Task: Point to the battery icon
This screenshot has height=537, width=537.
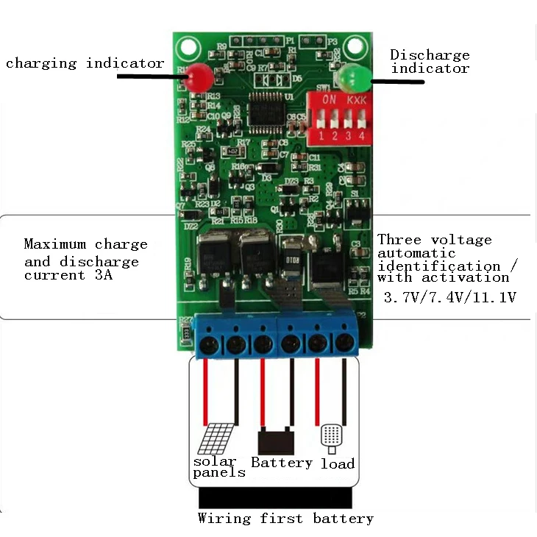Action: tap(276, 441)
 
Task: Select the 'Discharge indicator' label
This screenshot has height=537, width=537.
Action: tap(430, 62)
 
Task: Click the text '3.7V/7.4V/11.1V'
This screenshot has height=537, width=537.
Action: tap(450, 298)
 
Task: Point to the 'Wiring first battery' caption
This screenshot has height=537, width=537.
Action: tap(285, 519)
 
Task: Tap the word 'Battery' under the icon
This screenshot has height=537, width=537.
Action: tap(282, 463)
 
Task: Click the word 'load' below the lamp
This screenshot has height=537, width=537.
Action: tap(338, 463)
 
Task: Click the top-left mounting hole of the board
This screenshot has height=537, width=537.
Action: tap(188, 46)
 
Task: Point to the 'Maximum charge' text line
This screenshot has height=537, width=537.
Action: tap(85, 244)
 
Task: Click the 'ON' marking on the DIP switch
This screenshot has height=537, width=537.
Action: tap(330, 99)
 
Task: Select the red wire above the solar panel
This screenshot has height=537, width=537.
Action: tap(207, 390)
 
